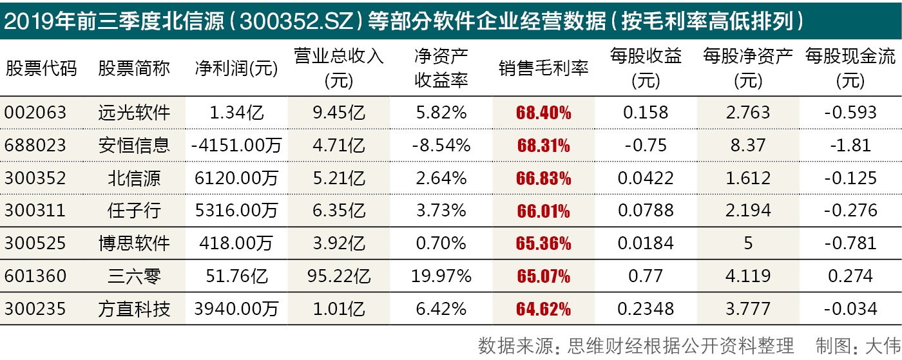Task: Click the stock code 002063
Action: coord(35,113)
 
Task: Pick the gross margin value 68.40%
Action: coord(543,113)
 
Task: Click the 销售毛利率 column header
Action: coord(543,69)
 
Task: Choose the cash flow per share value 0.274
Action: coord(850,276)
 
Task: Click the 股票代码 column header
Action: coord(41,69)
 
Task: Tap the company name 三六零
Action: coord(134,276)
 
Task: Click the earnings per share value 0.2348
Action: coord(645,309)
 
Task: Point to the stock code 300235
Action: coord(35,309)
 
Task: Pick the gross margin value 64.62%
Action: coord(543,309)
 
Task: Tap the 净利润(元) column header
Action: coord(236,69)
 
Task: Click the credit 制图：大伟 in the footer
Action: coord(858,346)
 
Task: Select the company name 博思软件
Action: coord(134,243)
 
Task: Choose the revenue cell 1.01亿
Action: coord(339,309)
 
